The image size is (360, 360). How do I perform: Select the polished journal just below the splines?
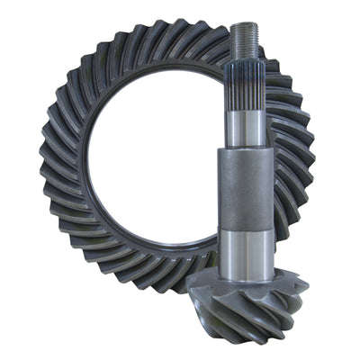[249, 130]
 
